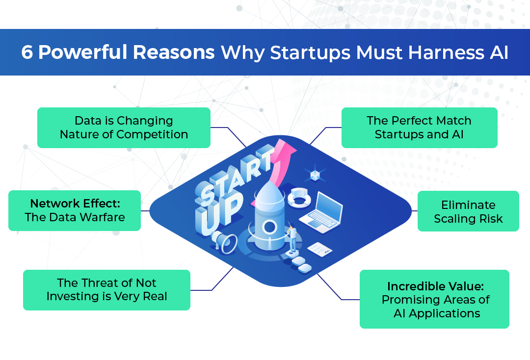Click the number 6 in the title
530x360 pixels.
tap(27, 52)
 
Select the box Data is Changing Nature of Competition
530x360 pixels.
tap(124, 128)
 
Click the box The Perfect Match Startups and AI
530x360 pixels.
tap(419, 128)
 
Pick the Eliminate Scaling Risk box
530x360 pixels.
tap(468, 211)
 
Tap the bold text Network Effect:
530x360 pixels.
tap(75, 204)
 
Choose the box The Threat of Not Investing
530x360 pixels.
tap(106, 290)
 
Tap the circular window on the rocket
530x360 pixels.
tap(269, 227)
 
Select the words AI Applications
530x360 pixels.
tap(437, 313)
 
